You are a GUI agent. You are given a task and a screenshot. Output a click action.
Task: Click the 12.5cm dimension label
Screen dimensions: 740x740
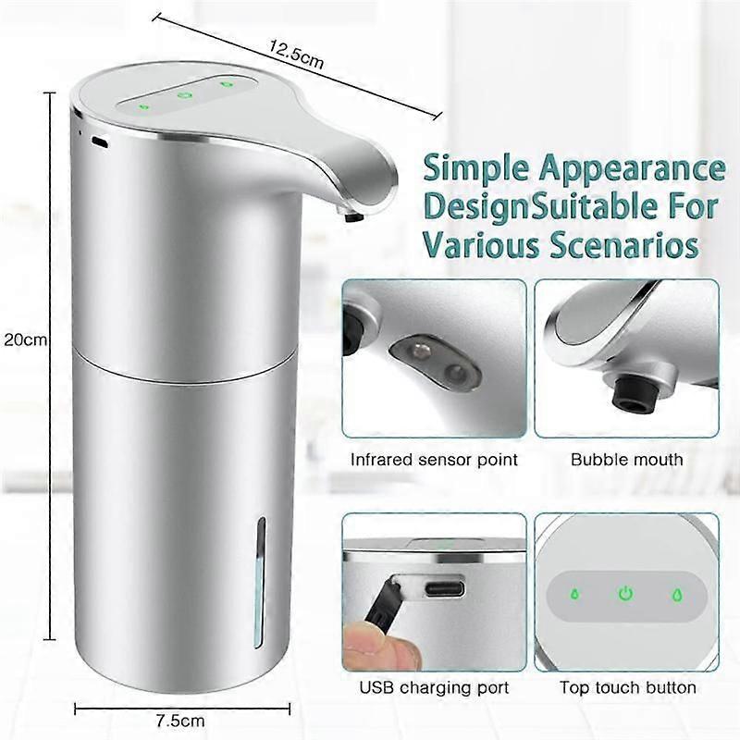point(296,55)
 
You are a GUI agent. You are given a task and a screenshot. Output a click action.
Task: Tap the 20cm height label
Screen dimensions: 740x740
point(26,339)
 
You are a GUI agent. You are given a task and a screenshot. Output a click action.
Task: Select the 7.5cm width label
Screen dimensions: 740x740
point(180,721)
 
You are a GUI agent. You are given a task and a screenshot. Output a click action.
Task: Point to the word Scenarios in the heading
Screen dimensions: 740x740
point(625,245)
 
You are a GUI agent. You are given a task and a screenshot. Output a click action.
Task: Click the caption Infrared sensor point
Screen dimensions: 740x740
point(434,459)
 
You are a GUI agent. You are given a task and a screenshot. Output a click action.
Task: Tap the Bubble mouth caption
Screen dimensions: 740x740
point(627,459)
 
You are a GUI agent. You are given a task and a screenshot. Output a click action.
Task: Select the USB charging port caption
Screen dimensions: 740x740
point(434,687)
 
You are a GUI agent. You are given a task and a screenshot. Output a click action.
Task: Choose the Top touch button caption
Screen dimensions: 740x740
point(628,687)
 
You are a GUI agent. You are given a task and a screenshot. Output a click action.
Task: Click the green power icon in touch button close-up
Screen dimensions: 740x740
point(626,594)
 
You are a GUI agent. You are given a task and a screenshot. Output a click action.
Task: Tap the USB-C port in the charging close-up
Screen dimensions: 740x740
point(444,588)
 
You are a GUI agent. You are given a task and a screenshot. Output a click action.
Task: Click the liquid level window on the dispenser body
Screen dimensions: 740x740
point(260,583)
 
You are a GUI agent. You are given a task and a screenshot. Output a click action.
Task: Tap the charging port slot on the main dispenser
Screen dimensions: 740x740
point(100,141)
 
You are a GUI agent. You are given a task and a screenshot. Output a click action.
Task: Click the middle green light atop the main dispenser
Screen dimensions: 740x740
point(184,95)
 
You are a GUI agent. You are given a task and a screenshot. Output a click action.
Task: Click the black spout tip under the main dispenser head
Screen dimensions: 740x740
point(354,216)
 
